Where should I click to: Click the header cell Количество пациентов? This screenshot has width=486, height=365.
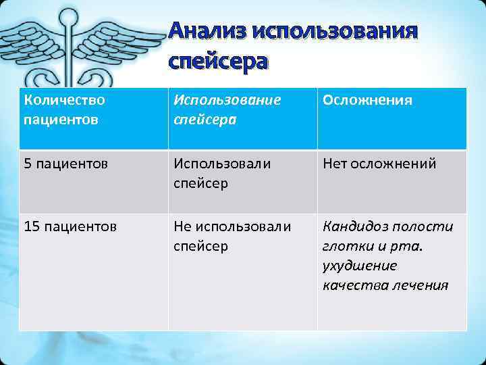(x=93, y=118)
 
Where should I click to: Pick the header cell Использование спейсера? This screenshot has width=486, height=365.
(x=242, y=118)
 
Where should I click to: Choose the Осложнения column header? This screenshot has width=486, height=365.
(x=391, y=118)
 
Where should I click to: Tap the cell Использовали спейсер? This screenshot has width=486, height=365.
(x=242, y=173)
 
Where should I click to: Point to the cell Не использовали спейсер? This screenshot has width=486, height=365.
(x=242, y=236)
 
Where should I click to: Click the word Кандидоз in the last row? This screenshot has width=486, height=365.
(x=354, y=226)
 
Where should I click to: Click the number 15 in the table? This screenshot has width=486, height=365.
(x=31, y=226)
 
